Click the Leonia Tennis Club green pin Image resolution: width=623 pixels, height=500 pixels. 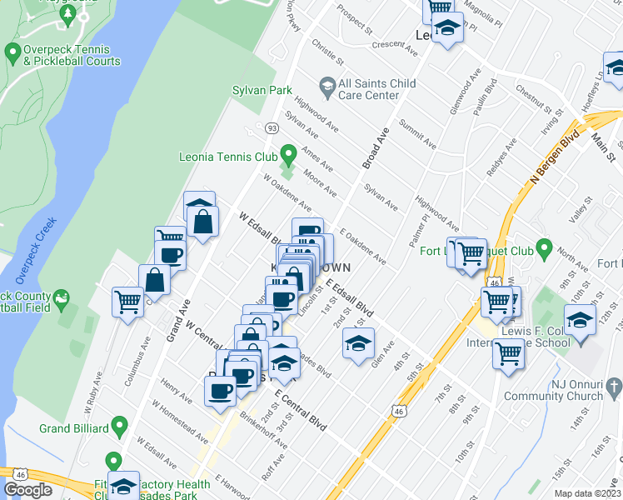point(289,154)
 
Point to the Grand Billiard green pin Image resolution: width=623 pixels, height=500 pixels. point(119,428)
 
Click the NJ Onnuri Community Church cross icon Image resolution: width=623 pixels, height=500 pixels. point(614,387)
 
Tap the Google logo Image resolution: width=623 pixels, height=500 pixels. point(28,490)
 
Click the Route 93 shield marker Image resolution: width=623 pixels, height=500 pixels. point(272,127)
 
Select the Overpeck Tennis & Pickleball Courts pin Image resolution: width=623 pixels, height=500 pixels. point(12,54)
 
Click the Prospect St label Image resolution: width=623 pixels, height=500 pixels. point(352,23)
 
